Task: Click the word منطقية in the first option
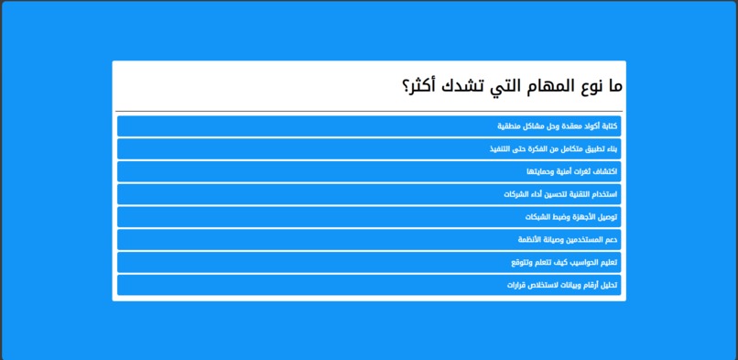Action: pos(509,125)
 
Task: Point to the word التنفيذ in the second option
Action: pos(503,148)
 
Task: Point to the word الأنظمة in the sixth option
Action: pos(533,239)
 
